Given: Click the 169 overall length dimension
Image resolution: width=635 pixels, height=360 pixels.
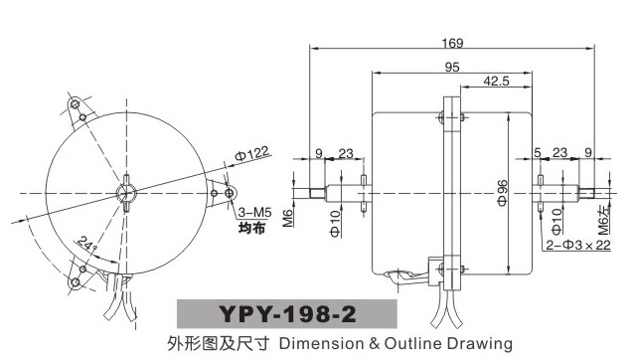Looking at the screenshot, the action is coord(452,43).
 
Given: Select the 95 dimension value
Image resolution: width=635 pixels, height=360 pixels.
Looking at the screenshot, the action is coord(452,67).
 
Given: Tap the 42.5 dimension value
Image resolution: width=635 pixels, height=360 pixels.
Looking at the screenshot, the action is coord(496,82).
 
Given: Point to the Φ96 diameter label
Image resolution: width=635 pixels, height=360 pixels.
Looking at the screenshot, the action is coord(502,193).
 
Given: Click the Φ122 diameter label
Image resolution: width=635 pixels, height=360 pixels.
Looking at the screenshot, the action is coord(251,154).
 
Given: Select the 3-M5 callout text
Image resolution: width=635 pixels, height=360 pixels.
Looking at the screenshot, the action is coord(254,213).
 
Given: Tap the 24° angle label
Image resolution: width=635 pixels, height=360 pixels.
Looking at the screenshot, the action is coord(86,244).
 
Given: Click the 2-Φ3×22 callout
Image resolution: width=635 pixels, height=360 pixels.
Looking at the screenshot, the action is coord(578,245).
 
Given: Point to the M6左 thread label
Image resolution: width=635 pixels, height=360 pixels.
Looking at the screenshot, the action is coord(603,220).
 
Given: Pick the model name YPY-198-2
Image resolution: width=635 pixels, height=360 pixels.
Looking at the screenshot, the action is coord(287,314).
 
